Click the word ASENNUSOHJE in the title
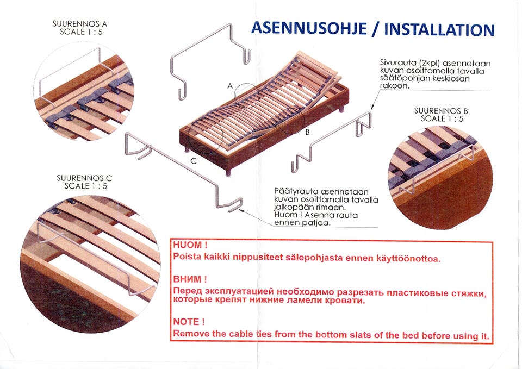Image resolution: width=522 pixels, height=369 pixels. [x=309, y=28]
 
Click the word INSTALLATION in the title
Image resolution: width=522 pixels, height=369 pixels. [x=439, y=29]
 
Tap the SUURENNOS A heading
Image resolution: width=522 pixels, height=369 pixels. [x=79, y=24]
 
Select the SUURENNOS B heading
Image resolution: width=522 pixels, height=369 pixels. [x=442, y=111]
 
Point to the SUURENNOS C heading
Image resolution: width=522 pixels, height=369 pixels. [x=84, y=178]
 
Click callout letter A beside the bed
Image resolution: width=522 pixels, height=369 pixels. [x=229, y=86]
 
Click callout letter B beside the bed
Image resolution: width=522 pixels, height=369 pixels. [x=307, y=132]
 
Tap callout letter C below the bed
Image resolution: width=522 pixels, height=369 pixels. [x=194, y=161]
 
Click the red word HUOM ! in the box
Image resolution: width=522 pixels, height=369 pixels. [x=190, y=245]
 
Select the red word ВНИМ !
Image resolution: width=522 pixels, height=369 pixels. [x=190, y=279]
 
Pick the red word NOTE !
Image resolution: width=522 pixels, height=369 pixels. [x=189, y=322]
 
